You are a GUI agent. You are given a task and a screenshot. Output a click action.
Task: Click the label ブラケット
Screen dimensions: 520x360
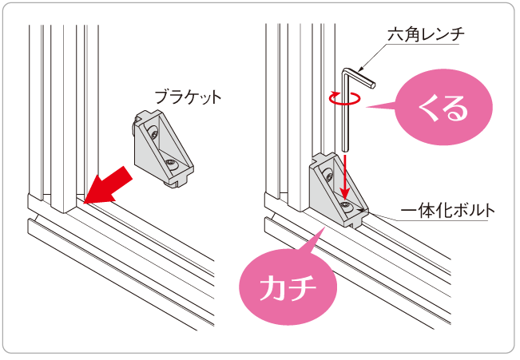(x=188, y=97)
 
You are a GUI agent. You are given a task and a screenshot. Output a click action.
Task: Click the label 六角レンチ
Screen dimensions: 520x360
(x=426, y=34)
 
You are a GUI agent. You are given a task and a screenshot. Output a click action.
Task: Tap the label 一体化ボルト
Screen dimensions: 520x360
(x=447, y=211)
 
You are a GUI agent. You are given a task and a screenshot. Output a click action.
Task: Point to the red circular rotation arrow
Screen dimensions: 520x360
(x=344, y=98)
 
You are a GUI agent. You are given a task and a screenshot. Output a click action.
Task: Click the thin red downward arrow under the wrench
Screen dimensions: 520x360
(x=346, y=176)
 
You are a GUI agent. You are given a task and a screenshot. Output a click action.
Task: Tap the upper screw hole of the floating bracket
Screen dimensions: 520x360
(x=154, y=133)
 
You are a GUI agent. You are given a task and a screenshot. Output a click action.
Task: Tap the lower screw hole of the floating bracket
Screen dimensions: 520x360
(x=172, y=164)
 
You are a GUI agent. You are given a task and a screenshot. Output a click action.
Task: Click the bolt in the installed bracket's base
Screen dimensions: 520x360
(x=346, y=205)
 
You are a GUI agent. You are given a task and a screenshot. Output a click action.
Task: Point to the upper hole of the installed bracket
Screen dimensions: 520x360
(x=329, y=175)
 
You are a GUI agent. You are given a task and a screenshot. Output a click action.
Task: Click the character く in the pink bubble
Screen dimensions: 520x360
(x=427, y=108)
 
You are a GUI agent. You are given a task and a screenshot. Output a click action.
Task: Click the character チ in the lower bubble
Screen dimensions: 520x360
(x=302, y=287)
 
